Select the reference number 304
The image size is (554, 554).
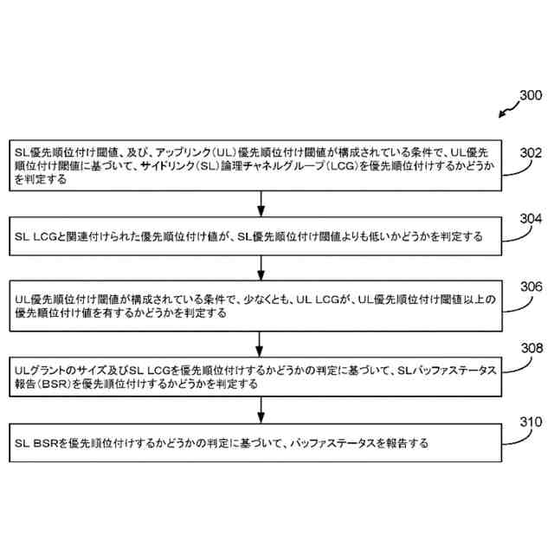[530, 220]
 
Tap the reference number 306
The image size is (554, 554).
[530, 287]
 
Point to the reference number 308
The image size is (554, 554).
[530, 349]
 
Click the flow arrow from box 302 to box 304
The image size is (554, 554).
[260, 203]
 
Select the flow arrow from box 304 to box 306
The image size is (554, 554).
[260, 267]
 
